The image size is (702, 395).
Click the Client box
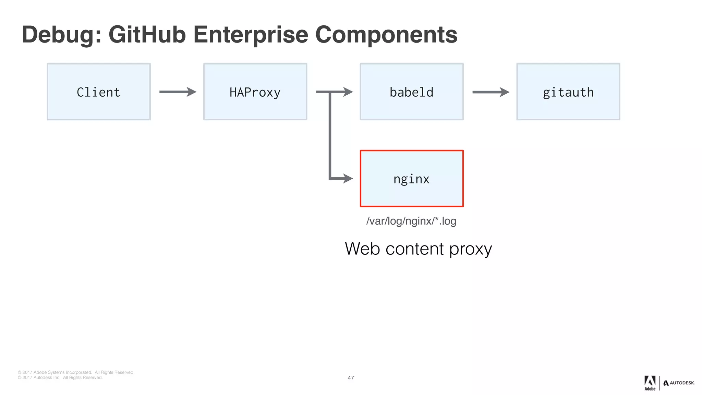pyautogui.click(x=99, y=92)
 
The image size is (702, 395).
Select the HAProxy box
pyautogui.click(x=255, y=92)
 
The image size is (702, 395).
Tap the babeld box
pyautogui.click(x=412, y=92)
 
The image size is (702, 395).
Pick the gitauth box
pyautogui.click(x=568, y=92)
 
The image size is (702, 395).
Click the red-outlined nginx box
pyautogui.click(x=412, y=179)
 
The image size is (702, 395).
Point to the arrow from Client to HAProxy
pyautogui.click(x=178, y=92)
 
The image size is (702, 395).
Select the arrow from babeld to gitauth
pyautogui.click(x=491, y=92)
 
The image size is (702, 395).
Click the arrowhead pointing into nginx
pyautogui.click(x=348, y=178)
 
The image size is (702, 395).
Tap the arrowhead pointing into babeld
pyautogui.click(x=348, y=92)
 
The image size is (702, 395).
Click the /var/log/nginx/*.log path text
pyautogui.click(x=411, y=221)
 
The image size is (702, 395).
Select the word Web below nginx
pyautogui.click(x=362, y=249)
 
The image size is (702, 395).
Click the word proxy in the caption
pyautogui.click(x=471, y=249)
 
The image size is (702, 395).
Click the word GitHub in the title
pyautogui.click(x=147, y=35)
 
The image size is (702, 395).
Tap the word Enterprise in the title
pyautogui.click(x=251, y=35)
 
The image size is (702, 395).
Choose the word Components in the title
pyautogui.click(x=386, y=35)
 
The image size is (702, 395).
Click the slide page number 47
pyautogui.click(x=351, y=378)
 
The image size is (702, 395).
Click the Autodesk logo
pyautogui.click(x=679, y=383)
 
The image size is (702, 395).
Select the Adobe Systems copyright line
pyautogui.click(x=76, y=372)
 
